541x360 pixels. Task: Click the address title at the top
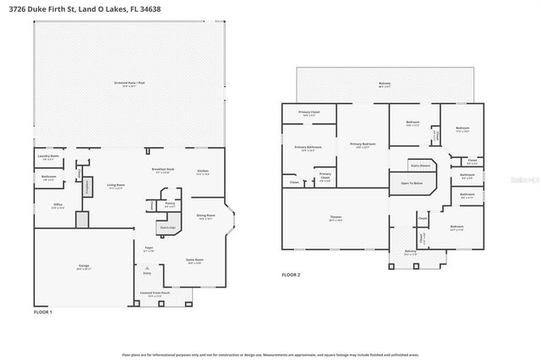[x=93, y=9]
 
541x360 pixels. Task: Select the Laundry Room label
[x=47, y=156]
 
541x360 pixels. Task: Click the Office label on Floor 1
[x=58, y=205]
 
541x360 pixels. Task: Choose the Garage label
[x=84, y=266]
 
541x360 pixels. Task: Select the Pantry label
[x=170, y=203]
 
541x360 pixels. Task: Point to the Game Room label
[x=194, y=260]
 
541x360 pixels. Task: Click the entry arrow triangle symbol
[x=146, y=266]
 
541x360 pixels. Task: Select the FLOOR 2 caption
[x=291, y=275]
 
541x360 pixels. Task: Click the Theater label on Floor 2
[x=336, y=218]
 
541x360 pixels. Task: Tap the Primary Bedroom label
[x=363, y=144]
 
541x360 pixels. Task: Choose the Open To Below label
[x=412, y=183]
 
